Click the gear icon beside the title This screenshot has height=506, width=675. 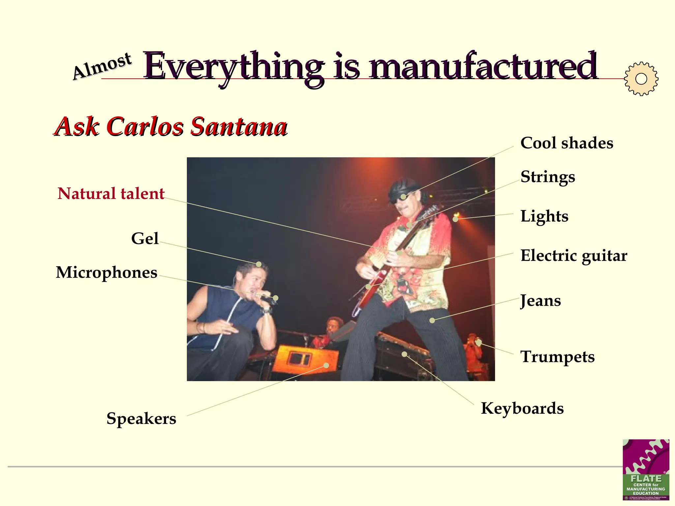[641, 79]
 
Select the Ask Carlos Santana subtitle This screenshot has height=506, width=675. [171, 126]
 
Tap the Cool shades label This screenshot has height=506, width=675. [567, 143]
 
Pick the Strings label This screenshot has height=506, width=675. [547, 177]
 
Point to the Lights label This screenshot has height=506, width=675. [544, 216]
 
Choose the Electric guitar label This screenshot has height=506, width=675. [573, 256]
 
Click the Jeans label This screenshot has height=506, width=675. [541, 301]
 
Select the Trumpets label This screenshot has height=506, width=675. [557, 357]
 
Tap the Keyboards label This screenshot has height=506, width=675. [522, 408]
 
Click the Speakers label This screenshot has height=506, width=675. [141, 419]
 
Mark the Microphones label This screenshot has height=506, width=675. [106, 272]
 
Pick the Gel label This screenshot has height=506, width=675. [145, 239]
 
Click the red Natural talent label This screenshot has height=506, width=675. [111, 193]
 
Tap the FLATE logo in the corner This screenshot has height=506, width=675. [646, 469]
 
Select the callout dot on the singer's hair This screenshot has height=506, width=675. [259, 264]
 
